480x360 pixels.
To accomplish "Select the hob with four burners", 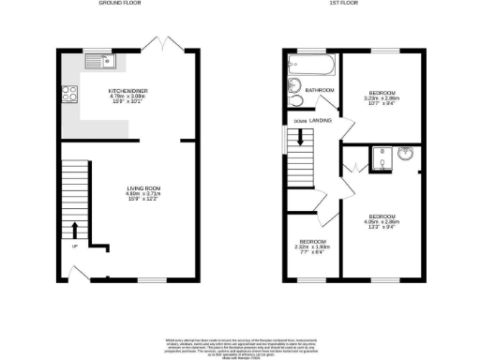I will pos(69,93).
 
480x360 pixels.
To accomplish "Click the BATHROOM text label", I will pos(320,90).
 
